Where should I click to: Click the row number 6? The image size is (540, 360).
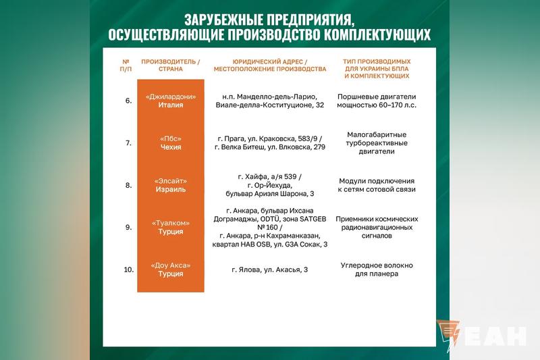pos(128,101)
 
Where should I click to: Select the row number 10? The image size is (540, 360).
pos(128,269)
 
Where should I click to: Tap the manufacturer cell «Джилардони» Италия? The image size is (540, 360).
pos(171,101)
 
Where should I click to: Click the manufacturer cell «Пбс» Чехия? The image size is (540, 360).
pos(171,143)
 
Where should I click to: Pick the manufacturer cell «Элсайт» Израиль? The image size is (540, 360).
pos(171,185)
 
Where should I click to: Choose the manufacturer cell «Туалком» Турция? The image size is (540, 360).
pos(171,227)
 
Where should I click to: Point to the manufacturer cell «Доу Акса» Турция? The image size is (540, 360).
pos(171,269)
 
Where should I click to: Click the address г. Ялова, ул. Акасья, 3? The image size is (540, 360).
pos(269,269)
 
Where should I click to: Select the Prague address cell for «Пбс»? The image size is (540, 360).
pos(269,143)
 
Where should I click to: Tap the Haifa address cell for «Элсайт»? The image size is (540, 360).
pos(269,185)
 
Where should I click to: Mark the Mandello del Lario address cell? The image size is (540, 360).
pos(269,101)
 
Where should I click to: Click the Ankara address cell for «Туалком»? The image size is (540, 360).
pos(269,227)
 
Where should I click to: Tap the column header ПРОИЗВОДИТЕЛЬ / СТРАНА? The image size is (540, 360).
pos(171,65)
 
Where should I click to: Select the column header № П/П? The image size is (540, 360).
pos(126,65)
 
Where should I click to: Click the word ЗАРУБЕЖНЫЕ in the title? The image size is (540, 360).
pos(223,18)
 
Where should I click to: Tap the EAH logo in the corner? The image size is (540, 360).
pos(482,335)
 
